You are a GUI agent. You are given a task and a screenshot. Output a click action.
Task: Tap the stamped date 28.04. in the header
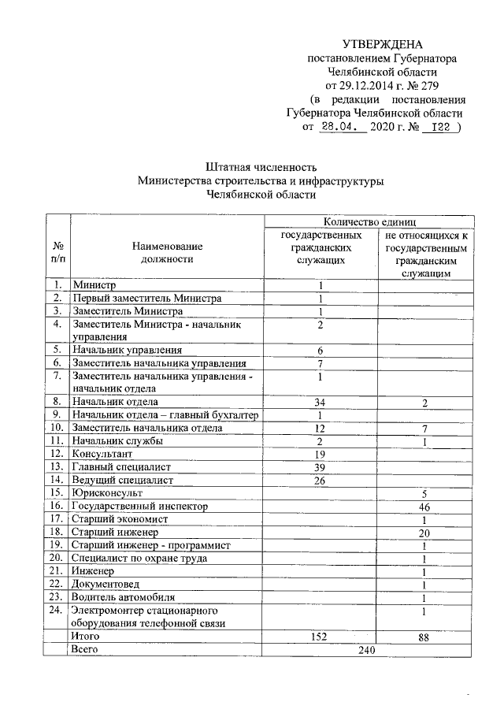coord(342,128)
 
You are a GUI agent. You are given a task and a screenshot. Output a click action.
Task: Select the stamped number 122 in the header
coord(437,128)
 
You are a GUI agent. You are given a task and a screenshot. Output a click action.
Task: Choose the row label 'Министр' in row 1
coord(94,285)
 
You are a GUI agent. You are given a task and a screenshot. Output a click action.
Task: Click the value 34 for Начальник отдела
coord(321,403)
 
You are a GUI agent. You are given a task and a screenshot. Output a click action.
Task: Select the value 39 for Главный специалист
coord(321,466)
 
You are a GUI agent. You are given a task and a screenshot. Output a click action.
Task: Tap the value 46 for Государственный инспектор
coord(424,507)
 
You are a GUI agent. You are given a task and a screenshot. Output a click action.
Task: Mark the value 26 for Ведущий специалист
coord(321,480)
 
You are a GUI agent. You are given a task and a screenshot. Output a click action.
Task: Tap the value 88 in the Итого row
coord(424,637)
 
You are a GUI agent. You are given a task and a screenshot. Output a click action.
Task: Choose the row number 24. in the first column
coord(56,610)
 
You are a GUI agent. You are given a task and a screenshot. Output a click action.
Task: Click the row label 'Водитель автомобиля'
coord(124,596)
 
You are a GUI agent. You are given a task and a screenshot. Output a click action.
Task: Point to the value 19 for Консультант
coord(321,454)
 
